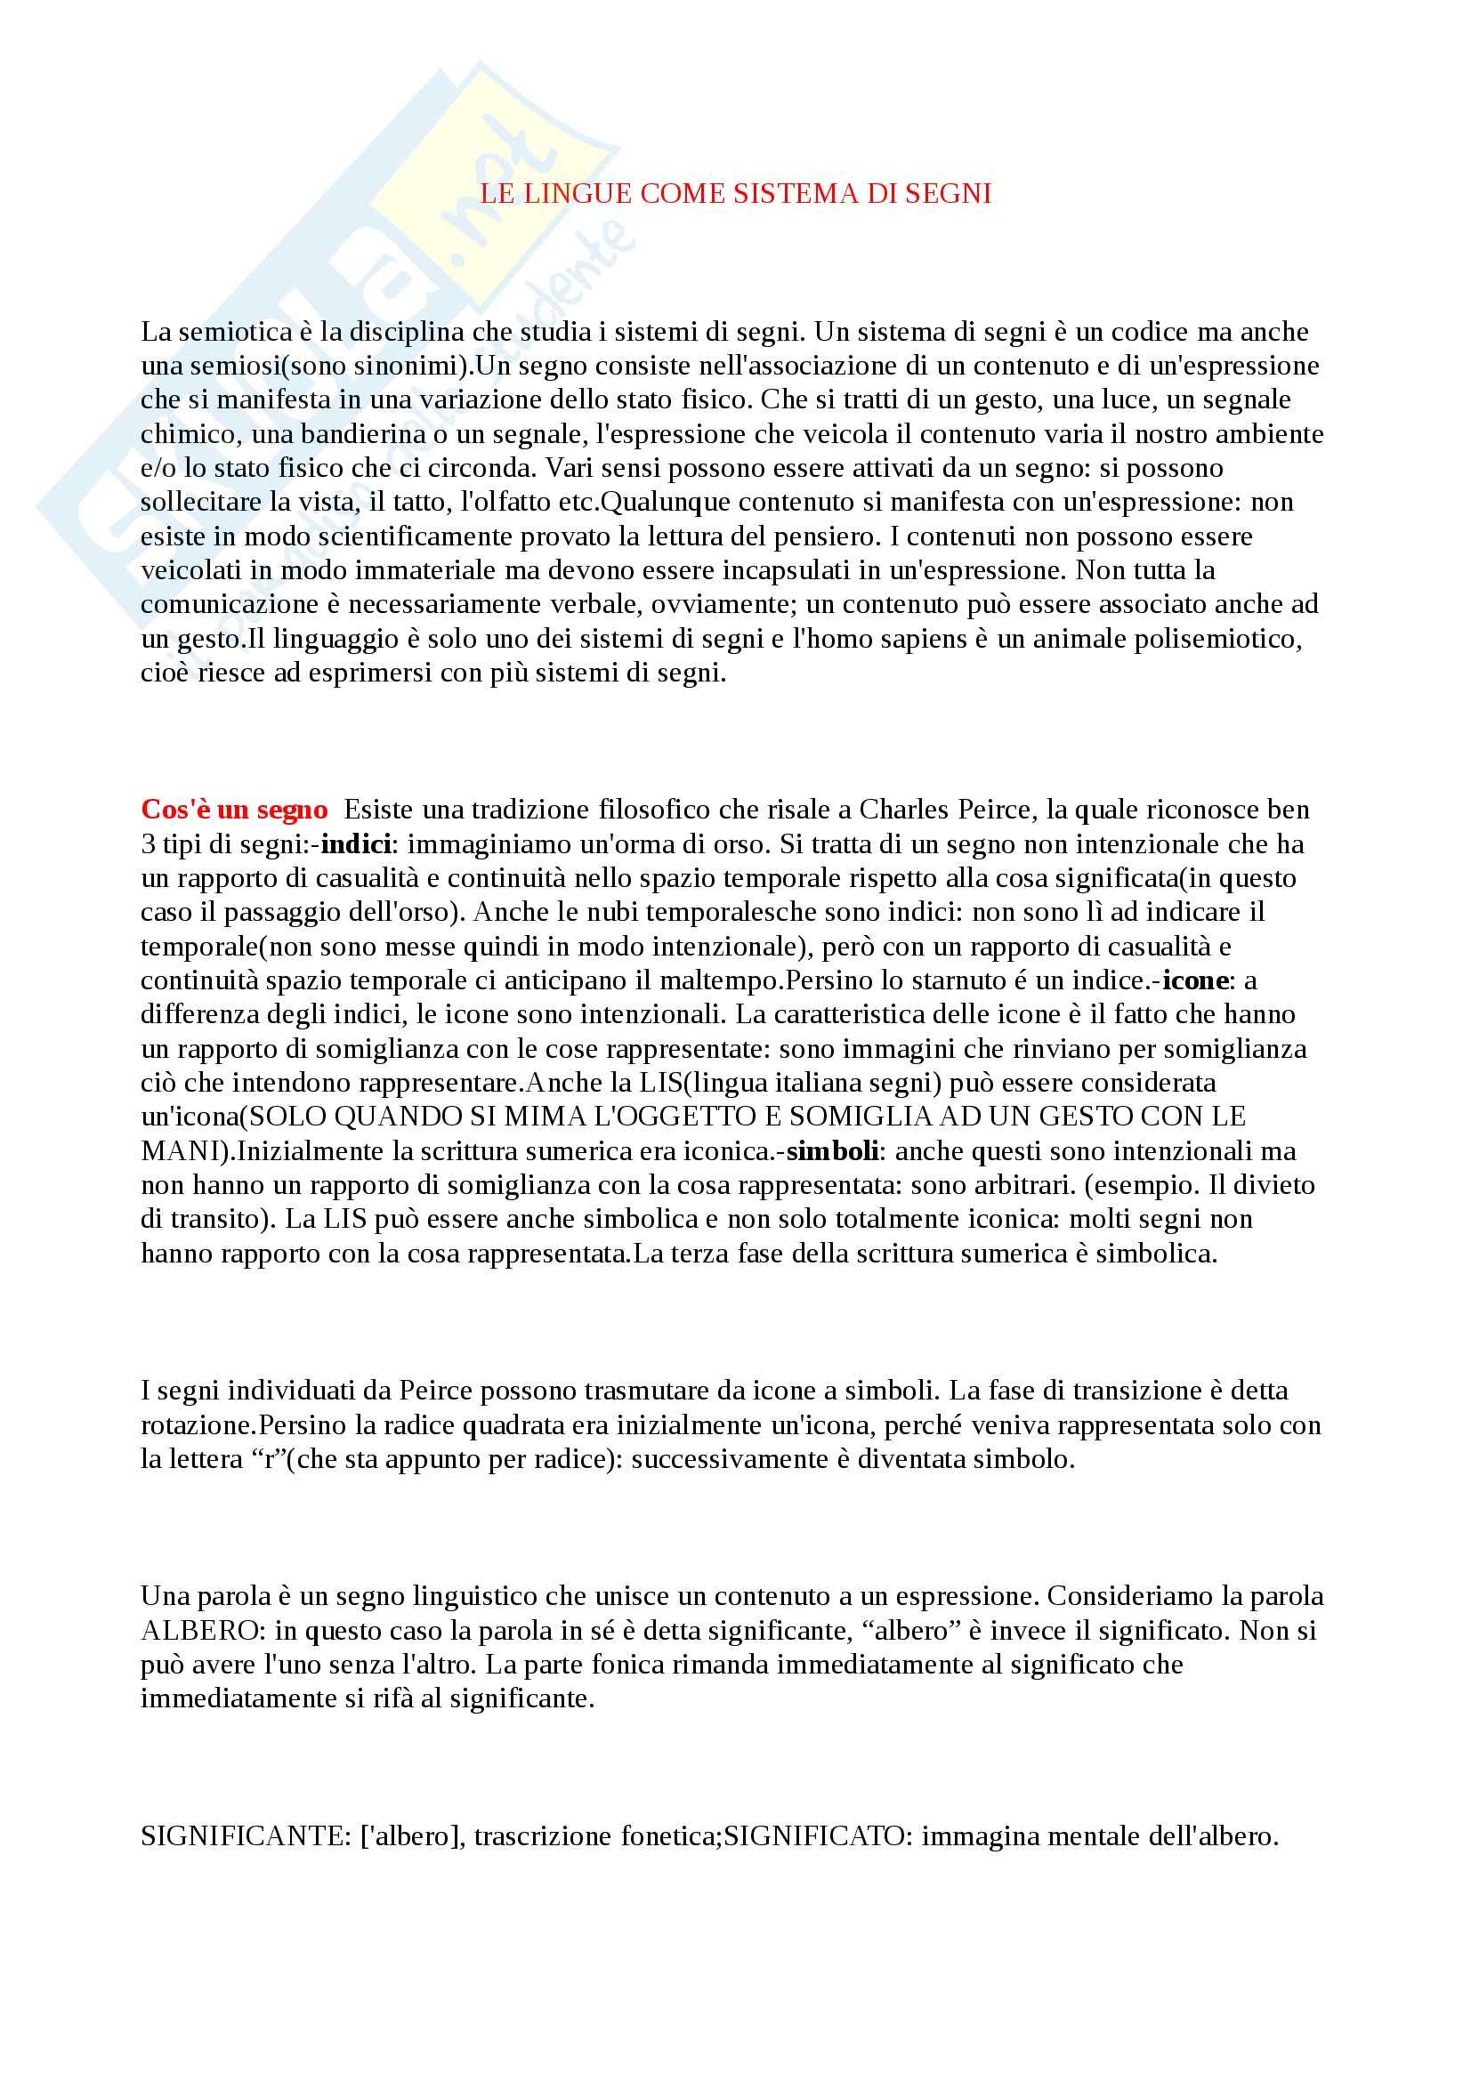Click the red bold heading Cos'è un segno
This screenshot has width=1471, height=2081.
click(234, 810)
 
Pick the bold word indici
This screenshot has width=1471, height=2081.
click(356, 843)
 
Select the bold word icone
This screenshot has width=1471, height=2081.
click(1195, 980)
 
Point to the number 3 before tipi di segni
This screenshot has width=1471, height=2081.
click(148, 843)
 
